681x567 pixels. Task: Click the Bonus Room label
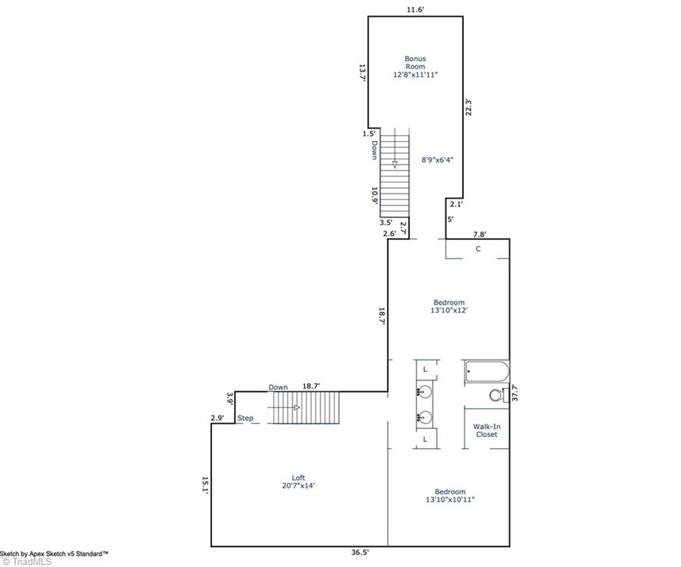pos(414,66)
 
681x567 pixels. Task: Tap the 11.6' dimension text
pos(414,9)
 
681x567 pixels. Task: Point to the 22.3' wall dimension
pos(468,107)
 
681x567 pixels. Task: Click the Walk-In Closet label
pos(486,430)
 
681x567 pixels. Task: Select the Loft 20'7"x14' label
pos(298,481)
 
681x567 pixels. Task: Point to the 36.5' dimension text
pos(360,551)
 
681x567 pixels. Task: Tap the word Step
pos(245,419)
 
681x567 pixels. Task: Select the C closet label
pos(478,250)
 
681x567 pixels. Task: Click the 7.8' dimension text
pos(479,234)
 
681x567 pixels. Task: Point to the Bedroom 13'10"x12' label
pos(448,306)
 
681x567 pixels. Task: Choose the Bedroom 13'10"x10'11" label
pos(449,495)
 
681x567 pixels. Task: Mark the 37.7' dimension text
pos(514,392)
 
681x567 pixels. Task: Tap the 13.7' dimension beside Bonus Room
pos(363,72)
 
